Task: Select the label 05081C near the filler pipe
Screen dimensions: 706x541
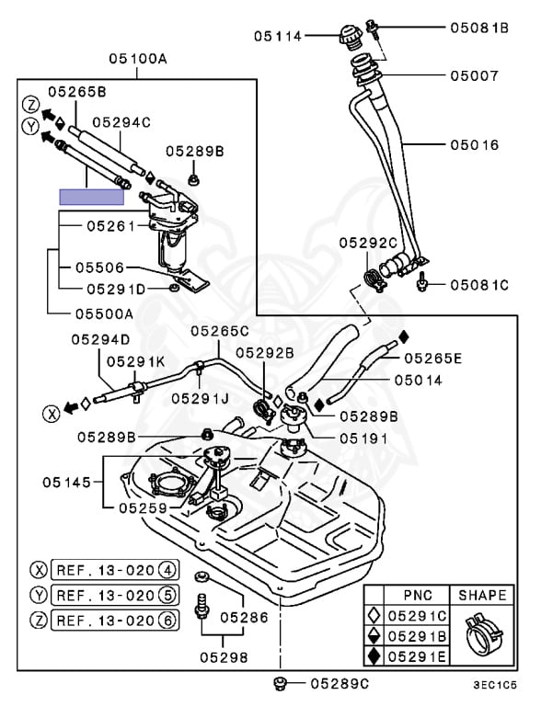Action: click(479, 285)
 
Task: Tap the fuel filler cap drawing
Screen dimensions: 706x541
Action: click(349, 39)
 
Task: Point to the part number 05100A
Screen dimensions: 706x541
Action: click(138, 58)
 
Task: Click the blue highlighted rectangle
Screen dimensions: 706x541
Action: click(90, 196)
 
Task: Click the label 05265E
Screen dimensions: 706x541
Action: click(433, 358)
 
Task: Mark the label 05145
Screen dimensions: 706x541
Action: click(67, 481)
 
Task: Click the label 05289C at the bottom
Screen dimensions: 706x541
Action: click(340, 683)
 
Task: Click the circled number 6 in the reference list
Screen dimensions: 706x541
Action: click(167, 621)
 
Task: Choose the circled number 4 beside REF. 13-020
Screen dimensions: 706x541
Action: click(167, 569)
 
